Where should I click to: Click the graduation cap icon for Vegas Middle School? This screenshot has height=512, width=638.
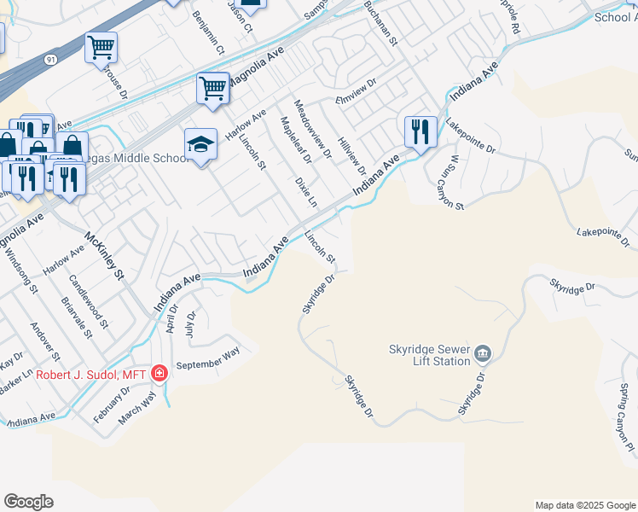tap(200, 144)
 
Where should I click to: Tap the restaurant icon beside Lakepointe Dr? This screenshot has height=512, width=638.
tap(420, 132)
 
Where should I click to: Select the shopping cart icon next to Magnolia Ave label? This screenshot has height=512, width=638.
tap(212, 86)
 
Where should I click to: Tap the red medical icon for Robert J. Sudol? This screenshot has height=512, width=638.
tap(159, 372)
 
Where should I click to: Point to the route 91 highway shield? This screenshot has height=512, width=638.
tap(51, 60)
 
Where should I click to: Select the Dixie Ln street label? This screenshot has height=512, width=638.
tap(305, 193)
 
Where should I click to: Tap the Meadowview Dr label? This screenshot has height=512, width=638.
tap(312, 128)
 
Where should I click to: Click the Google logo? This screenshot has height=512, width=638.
tap(28, 502)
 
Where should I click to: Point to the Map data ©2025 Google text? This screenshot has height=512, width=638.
tap(584, 505)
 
